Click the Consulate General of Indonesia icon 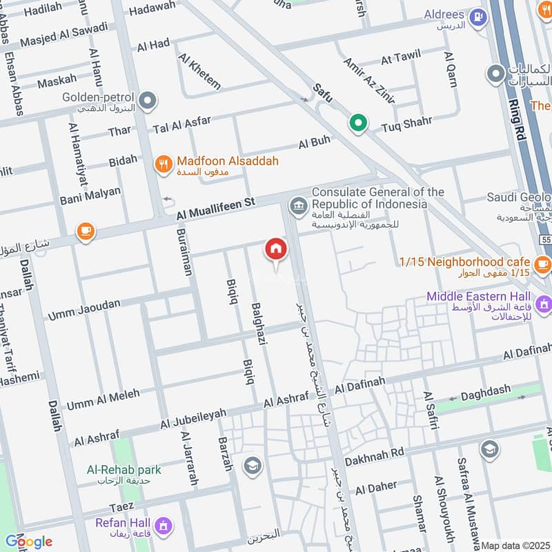(x=299, y=205)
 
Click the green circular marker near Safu (x=357, y=124)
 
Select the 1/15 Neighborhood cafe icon (x=542, y=263)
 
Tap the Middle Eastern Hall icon (x=544, y=303)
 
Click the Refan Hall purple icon (x=164, y=527)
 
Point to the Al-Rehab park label (x=124, y=470)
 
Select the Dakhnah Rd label (x=373, y=454)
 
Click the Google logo (x=28, y=541)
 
